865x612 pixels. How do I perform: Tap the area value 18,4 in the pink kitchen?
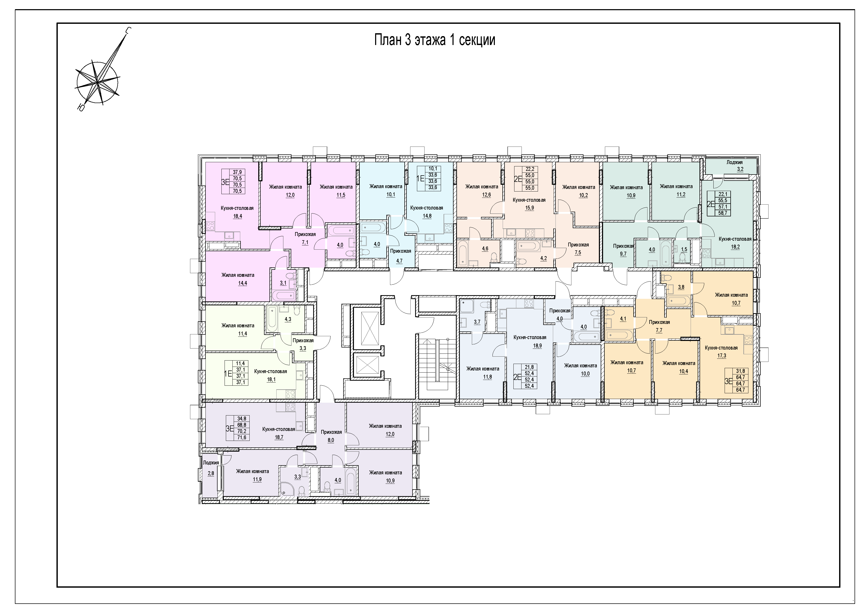(x=237, y=216)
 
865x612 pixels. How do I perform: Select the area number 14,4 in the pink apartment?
(x=242, y=283)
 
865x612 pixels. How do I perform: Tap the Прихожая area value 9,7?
(x=623, y=254)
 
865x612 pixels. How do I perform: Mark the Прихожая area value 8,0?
(x=330, y=440)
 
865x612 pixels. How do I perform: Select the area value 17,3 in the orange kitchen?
(x=721, y=356)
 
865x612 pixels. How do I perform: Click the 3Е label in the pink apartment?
(x=225, y=182)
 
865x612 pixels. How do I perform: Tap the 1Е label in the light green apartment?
(x=228, y=373)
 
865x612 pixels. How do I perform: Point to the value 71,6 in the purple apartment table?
(x=242, y=437)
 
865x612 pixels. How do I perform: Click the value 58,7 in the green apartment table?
(x=723, y=213)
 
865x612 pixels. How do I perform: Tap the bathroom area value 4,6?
(x=485, y=249)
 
